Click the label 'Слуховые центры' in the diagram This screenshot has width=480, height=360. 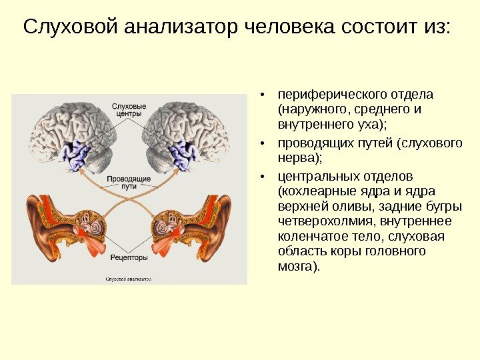[x=129, y=110]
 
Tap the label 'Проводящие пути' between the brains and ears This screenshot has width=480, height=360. [x=129, y=183]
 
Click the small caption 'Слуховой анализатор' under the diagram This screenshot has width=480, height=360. [x=128, y=279]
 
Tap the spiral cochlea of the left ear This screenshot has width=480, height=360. [x=94, y=229]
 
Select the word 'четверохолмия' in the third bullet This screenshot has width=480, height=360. [x=319, y=221]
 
